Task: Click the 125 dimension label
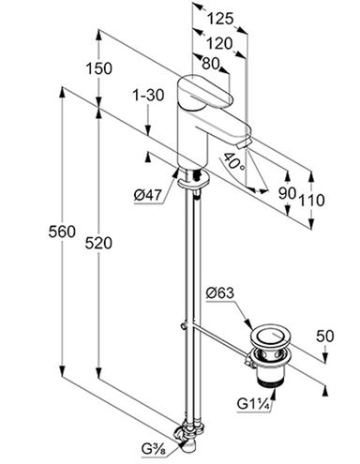pos(220,19)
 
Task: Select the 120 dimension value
pos(219,43)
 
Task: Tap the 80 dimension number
pos(210,64)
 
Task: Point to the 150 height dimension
pos(98,68)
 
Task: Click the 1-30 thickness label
pos(148,95)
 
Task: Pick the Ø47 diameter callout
pos(148,196)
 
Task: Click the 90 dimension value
pos(287,193)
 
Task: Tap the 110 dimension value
pos(312,200)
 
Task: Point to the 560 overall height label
pos(62,232)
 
